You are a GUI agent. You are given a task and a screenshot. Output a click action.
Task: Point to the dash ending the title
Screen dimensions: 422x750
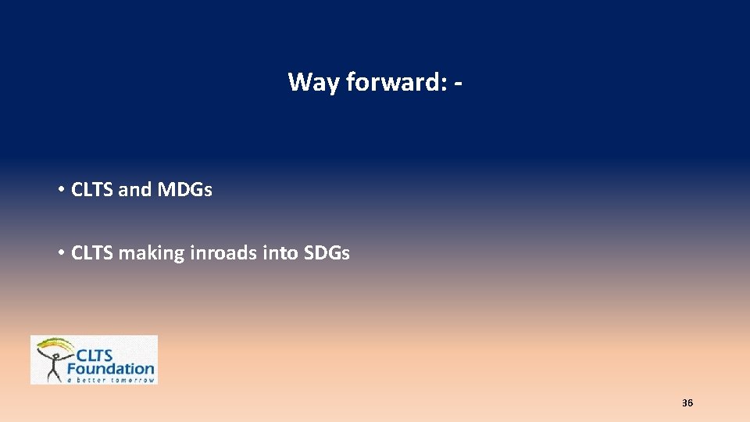click(456, 83)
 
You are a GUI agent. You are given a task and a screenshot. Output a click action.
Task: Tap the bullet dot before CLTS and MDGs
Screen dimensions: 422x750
click(60, 190)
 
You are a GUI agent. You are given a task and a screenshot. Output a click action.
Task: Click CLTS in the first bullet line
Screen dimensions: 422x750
click(92, 190)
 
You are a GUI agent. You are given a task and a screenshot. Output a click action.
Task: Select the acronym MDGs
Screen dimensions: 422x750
click(184, 190)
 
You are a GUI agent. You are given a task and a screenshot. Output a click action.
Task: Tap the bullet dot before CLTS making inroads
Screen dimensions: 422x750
click(60, 253)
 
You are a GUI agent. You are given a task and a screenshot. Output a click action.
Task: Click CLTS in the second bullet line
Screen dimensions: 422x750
click(92, 253)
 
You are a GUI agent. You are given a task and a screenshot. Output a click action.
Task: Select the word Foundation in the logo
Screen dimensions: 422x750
click(111, 367)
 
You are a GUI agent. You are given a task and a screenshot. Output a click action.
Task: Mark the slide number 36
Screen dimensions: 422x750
click(687, 403)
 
